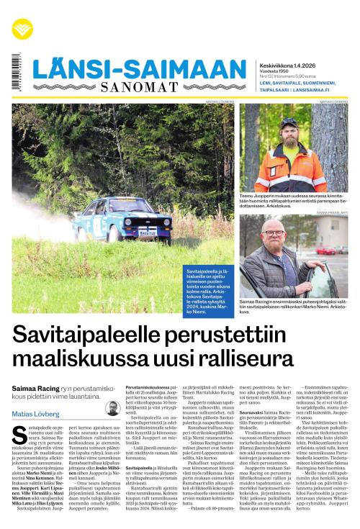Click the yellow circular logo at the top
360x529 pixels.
[22, 29]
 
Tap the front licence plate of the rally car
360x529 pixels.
[148, 232]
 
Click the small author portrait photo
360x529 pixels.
[112, 408]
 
